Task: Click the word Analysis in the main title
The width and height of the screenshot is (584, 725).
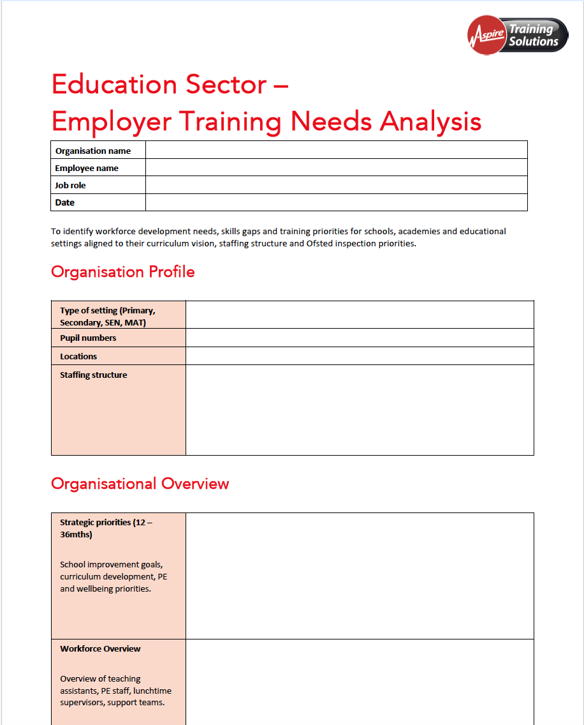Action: pyautogui.click(x=430, y=121)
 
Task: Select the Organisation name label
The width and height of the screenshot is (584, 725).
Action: pyautogui.click(x=93, y=151)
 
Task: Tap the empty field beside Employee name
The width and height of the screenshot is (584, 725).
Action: pyautogui.click(x=336, y=168)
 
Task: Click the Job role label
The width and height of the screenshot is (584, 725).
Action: pyautogui.click(x=70, y=186)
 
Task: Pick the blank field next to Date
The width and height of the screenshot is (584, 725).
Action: pyautogui.click(x=336, y=202)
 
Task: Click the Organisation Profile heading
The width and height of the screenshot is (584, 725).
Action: pyautogui.click(x=123, y=272)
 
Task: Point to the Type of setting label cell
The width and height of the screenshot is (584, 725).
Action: pyautogui.click(x=107, y=317)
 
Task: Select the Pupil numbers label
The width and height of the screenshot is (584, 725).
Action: pyautogui.click(x=88, y=338)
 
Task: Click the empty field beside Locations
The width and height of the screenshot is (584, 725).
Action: pyautogui.click(x=359, y=356)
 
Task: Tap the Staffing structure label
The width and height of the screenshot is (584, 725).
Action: pyautogui.click(x=93, y=375)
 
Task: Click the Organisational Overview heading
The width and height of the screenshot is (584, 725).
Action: pyautogui.click(x=140, y=484)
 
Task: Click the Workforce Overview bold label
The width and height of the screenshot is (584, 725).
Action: pyautogui.click(x=100, y=649)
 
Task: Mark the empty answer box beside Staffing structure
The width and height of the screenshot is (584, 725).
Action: pyautogui.click(x=359, y=410)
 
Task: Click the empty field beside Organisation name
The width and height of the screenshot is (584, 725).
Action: pyautogui.click(x=336, y=151)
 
